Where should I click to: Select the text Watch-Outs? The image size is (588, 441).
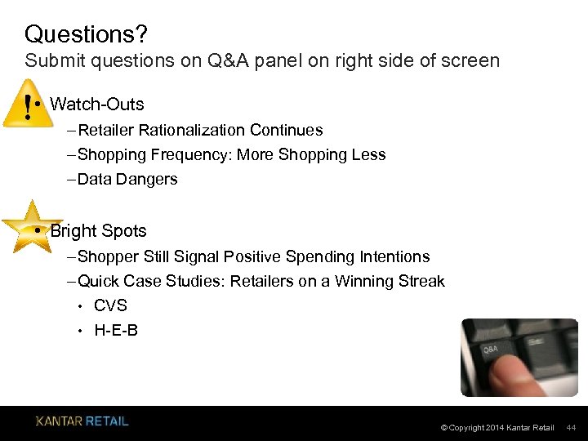96,105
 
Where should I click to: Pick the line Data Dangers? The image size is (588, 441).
127,179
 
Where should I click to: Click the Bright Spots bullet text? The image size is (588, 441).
98,231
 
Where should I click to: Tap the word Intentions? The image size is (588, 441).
394,256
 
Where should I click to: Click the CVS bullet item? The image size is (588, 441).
110,305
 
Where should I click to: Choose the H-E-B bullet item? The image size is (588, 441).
116,330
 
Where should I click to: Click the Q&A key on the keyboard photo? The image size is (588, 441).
490,349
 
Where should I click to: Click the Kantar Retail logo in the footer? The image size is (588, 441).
82,421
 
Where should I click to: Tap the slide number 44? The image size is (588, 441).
571,428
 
